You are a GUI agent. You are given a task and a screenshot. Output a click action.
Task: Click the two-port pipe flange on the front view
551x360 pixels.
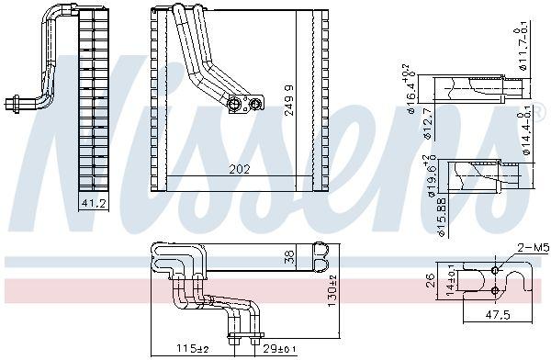click(241, 105)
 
